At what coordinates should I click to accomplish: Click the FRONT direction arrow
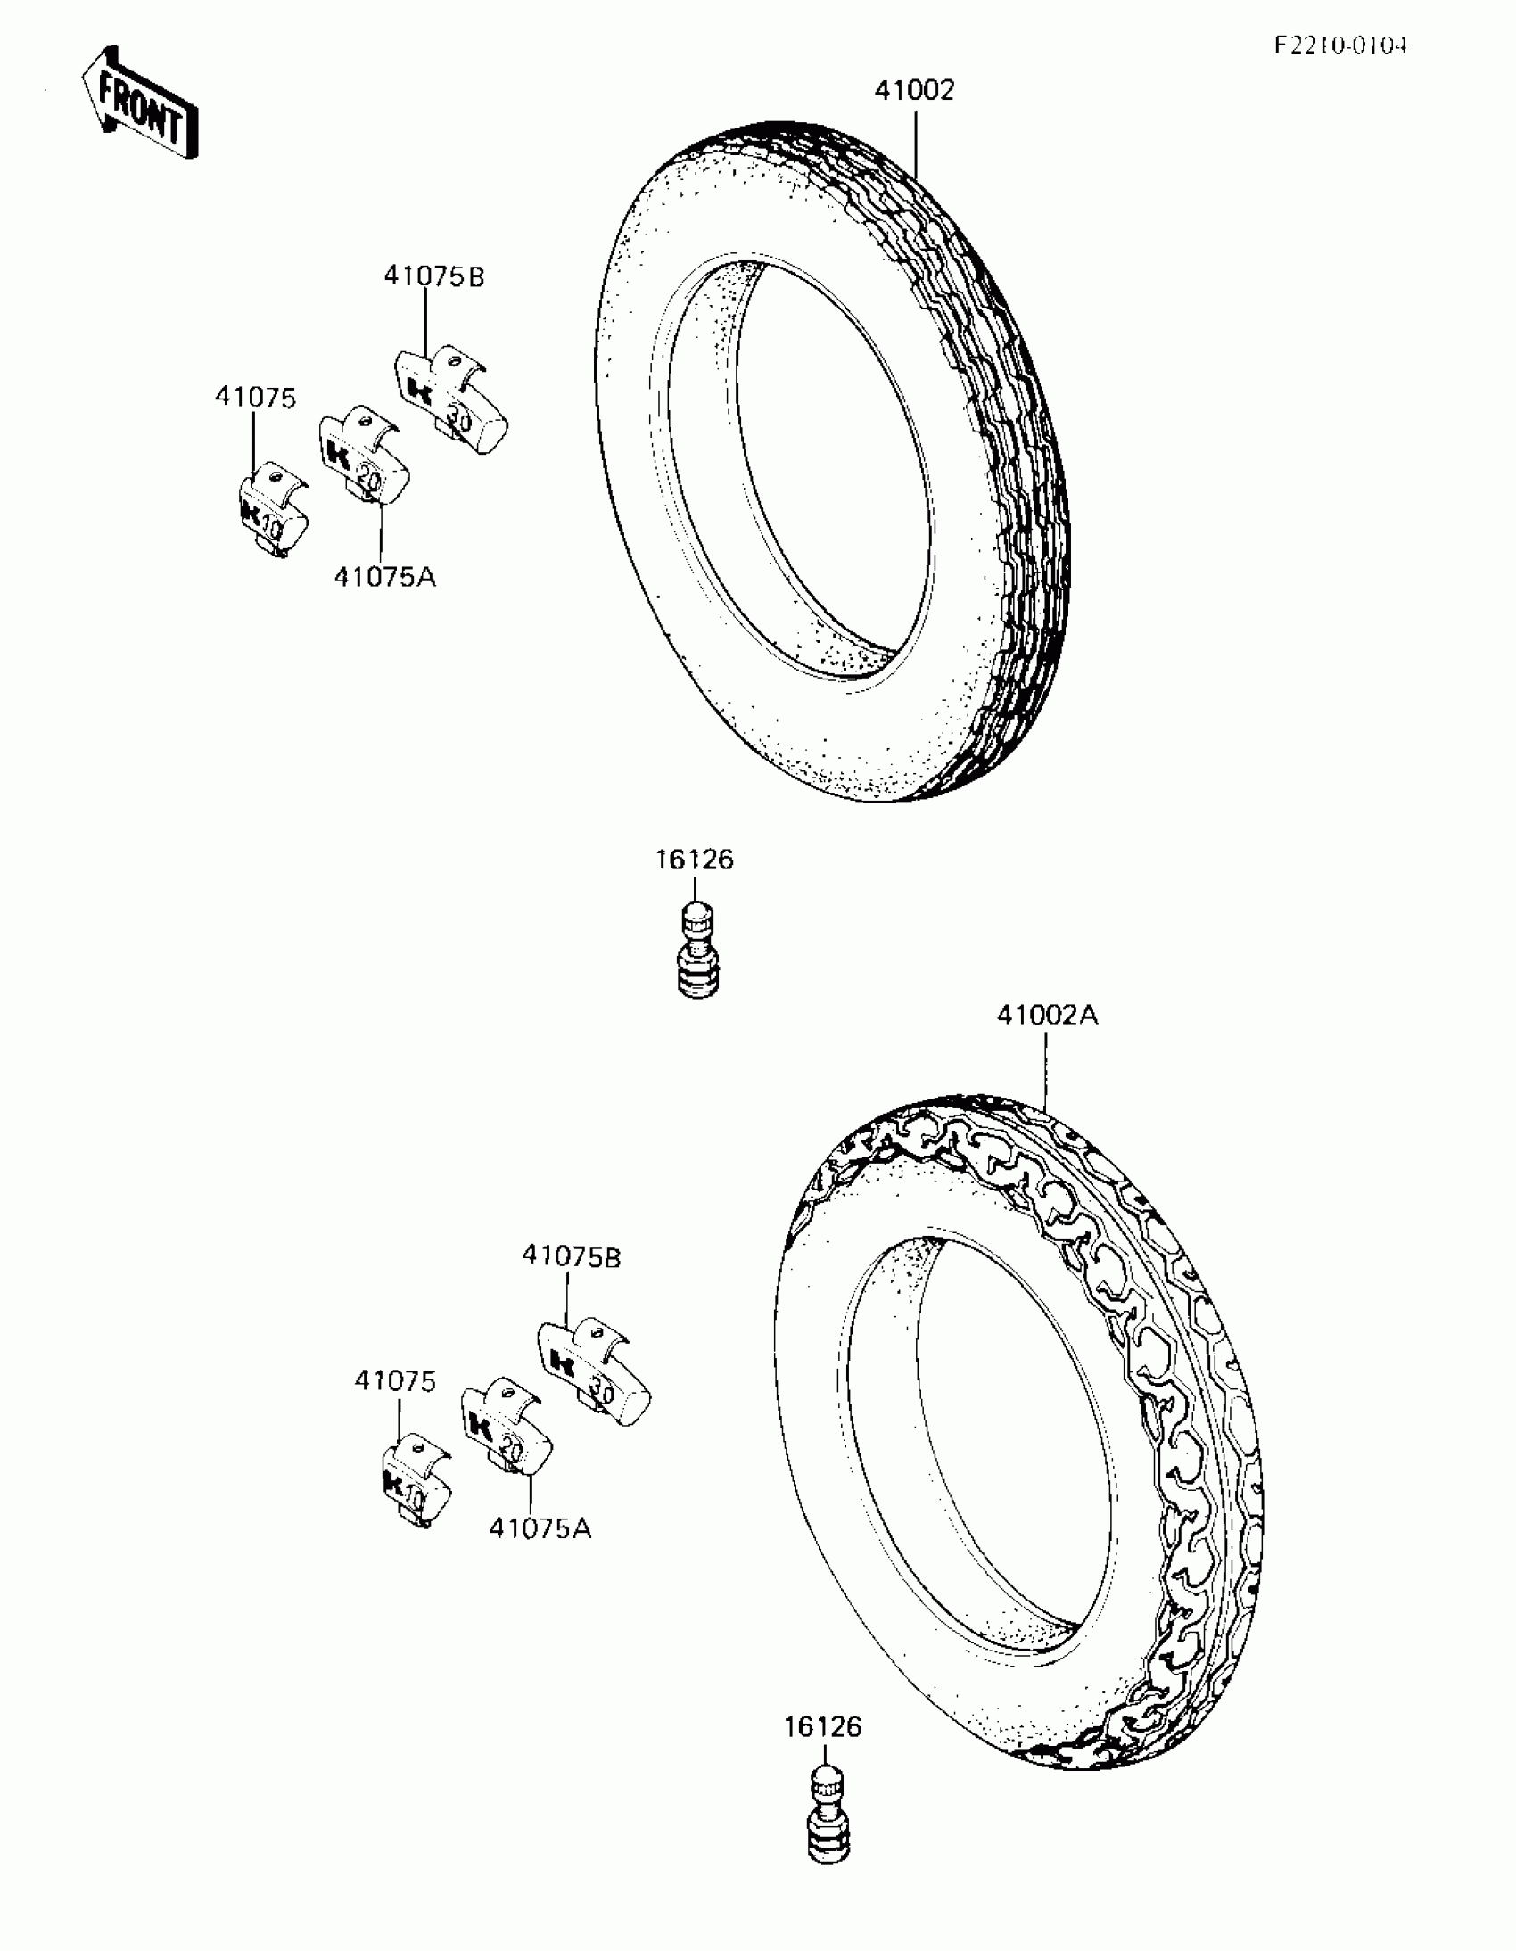coord(140,104)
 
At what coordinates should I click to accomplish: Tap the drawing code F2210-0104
coord(1340,45)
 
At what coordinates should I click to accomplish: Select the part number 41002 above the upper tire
coord(914,90)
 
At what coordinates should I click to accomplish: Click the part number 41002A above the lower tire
coord(1047,1015)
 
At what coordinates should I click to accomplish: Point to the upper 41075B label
coord(434,277)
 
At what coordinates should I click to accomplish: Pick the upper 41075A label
coord(385,577)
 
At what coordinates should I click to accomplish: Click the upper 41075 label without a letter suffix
coord(256,398)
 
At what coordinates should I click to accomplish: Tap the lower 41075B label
coord(572,1256)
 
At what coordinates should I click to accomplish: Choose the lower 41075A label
coord(540,1528)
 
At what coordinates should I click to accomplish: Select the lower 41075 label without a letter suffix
coord(395,1380)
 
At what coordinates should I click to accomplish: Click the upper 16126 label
coord(695,860)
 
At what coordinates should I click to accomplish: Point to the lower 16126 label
coord(823,1727)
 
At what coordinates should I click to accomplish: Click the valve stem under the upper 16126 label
coord(697,952)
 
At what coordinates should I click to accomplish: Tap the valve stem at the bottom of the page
coord(829,1817)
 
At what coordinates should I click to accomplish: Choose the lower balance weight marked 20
coord(507,1430)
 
